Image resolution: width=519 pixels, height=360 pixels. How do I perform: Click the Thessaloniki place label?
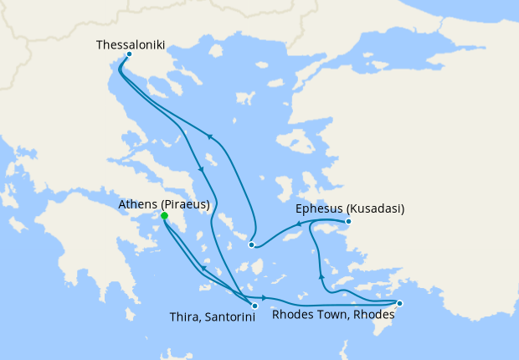pos(129,43)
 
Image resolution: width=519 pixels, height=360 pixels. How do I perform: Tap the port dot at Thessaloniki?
pos(128,55)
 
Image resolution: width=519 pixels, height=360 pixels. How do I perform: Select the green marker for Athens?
pos(165,216)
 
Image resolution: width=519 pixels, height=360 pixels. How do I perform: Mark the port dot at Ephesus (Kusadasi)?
pos(348,222)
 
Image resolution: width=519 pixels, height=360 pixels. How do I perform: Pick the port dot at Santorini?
pos(254,306)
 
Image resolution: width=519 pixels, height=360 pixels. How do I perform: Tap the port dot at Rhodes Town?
pos(399,303)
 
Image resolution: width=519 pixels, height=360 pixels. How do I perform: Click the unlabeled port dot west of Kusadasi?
pos(251,244)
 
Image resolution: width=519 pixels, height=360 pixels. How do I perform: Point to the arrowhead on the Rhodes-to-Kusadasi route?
pos(321,276)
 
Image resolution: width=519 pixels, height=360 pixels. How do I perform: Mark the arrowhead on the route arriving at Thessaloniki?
pos(209,138)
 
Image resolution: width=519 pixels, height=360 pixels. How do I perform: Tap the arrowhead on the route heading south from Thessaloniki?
pos(201,171)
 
